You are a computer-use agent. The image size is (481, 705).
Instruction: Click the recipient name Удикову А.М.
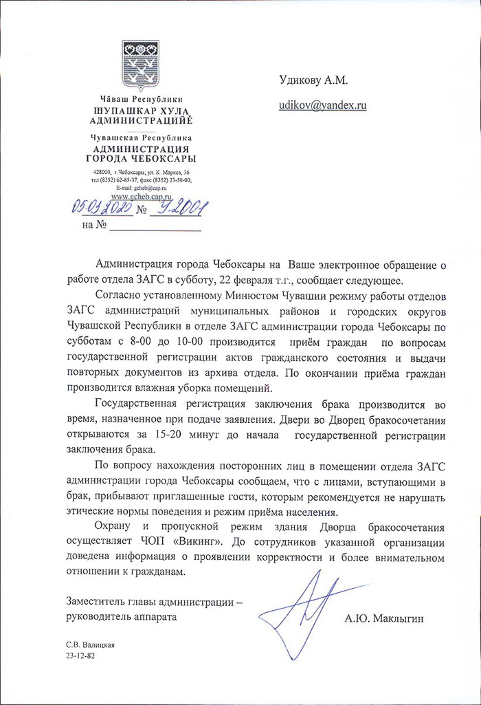point(313,81)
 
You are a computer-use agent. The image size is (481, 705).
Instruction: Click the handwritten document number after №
point(180,207)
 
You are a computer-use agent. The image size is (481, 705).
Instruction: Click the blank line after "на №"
point(155,226)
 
